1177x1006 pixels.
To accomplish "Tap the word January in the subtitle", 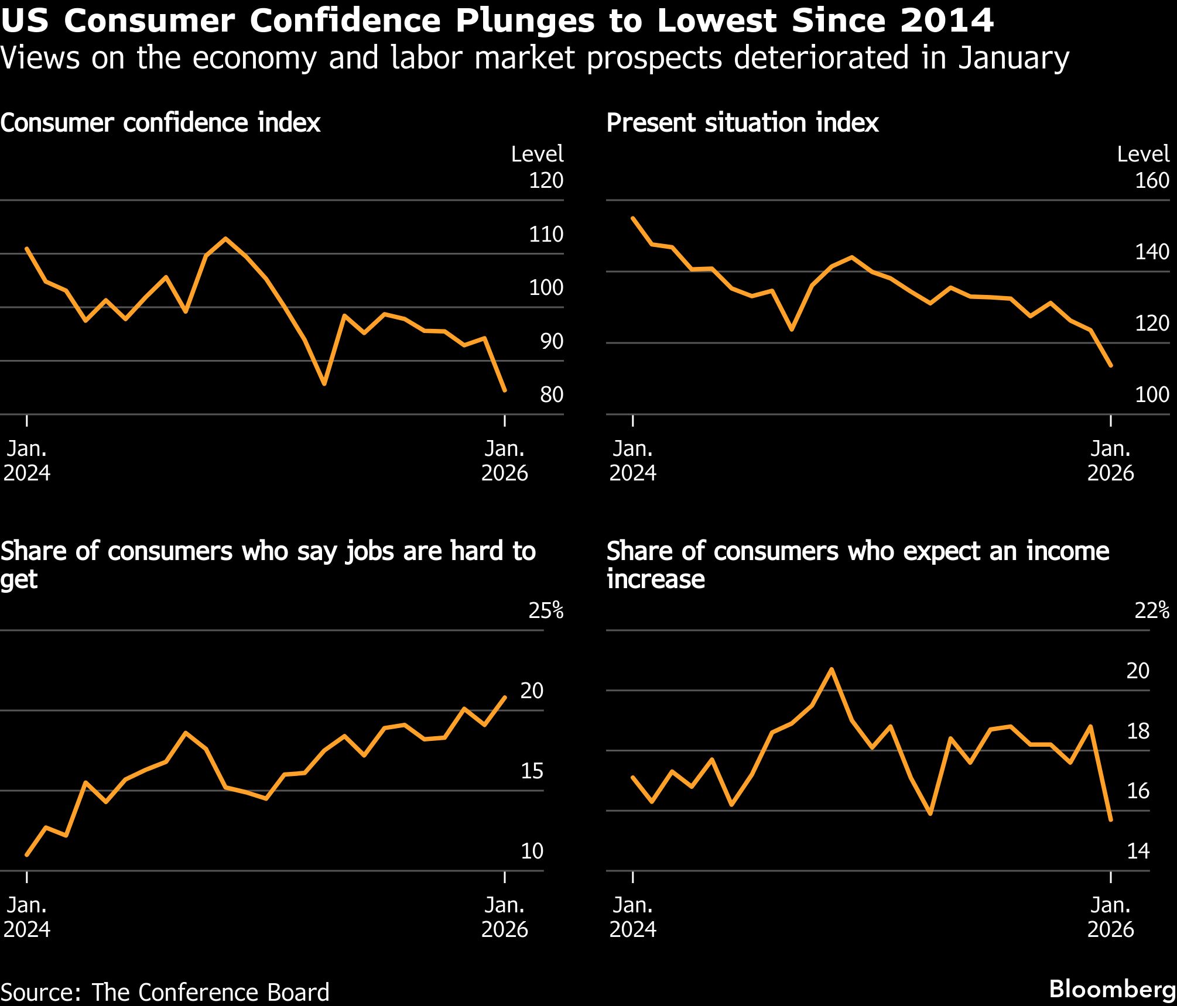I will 1014,58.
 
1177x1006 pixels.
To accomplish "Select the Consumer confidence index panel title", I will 160,123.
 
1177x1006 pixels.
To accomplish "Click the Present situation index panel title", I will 742,123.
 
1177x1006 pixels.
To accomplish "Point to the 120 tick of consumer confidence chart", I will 546,180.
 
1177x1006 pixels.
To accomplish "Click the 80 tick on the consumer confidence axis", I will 552,395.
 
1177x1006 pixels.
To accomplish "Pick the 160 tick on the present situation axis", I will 1152,180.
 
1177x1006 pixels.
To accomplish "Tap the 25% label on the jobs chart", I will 546,610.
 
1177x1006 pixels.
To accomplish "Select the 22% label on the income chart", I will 1152,610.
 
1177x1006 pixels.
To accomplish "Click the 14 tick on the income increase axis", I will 1138,851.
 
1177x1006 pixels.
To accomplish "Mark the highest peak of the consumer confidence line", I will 225,238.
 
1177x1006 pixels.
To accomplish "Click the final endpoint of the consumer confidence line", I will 505,390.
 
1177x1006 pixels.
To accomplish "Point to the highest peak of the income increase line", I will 832,669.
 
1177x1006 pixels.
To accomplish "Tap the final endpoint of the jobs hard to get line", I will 505,697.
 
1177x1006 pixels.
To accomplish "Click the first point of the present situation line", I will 632,218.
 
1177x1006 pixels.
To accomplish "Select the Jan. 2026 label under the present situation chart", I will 1110,461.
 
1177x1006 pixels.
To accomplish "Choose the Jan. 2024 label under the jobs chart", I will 27,917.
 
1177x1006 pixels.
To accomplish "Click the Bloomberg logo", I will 1112,989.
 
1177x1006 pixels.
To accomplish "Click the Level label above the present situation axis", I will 1143,154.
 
